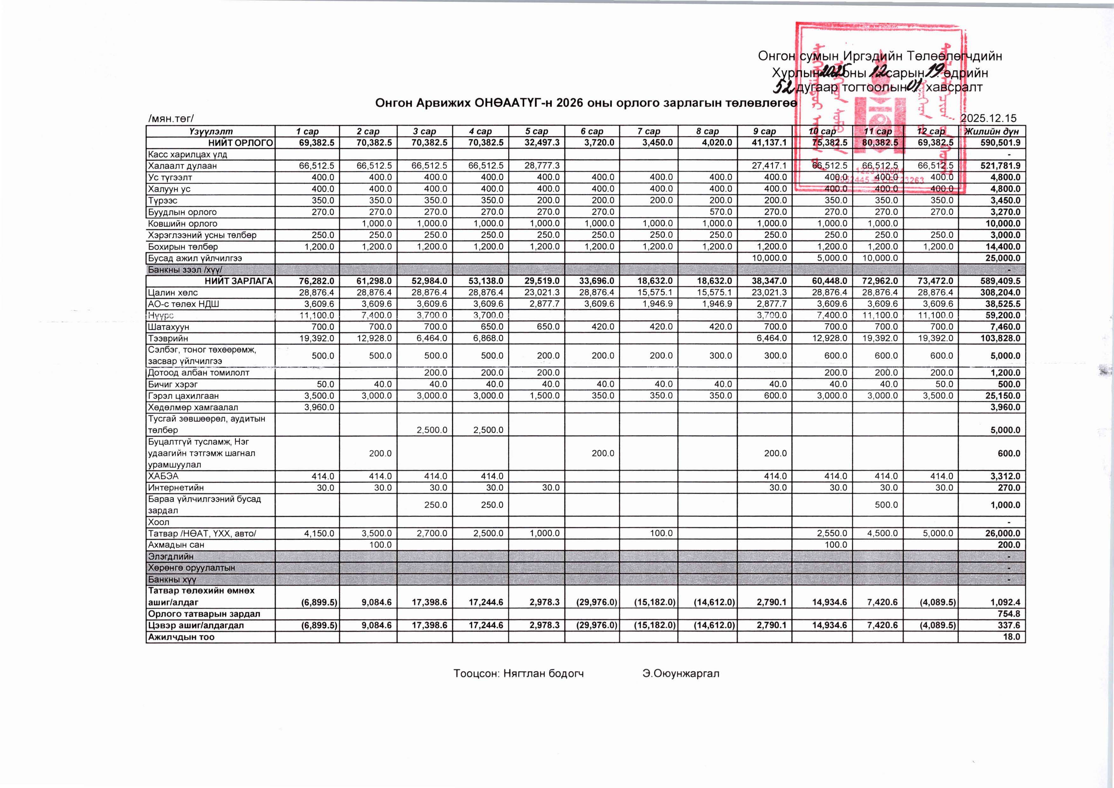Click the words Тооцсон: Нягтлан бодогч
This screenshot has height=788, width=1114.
(518, 674)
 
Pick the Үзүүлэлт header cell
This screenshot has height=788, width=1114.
(211, 131)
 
